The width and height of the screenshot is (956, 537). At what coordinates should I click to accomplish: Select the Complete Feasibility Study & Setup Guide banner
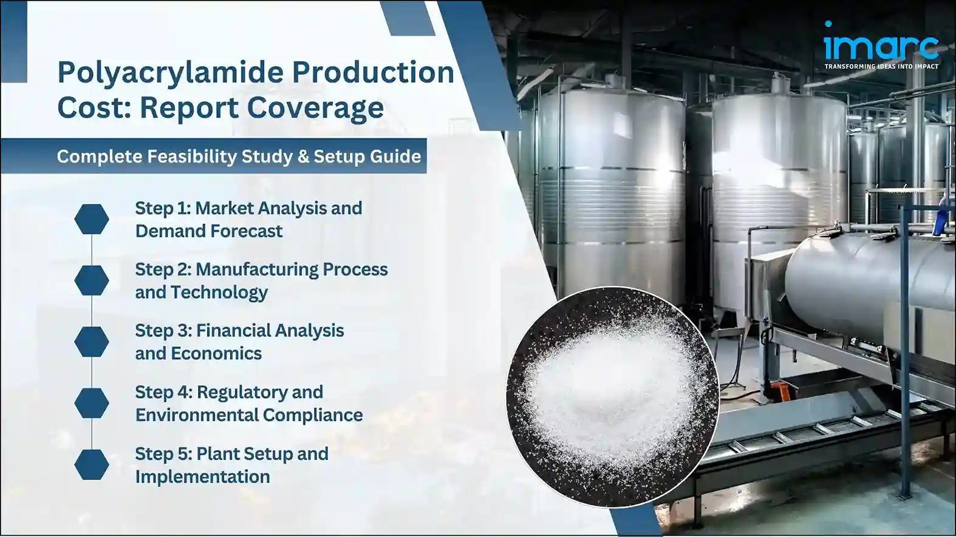click(x=239, y=157)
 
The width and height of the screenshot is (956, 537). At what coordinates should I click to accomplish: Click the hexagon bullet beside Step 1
click(x=92, y=219)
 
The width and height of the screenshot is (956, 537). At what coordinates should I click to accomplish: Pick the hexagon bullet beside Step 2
click(x=92, y=280)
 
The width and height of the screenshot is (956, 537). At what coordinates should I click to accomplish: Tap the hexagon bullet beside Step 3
click(x=92, y=342)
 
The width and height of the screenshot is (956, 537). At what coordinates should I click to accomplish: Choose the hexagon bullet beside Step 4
click(x=92, y=403)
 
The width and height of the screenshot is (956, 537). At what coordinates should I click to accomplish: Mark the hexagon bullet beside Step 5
click(x=92, y=464)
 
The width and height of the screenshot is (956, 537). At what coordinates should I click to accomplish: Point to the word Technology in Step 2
click(x=219, y=292)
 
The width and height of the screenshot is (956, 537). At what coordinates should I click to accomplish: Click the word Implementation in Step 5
click(x=202, y=477)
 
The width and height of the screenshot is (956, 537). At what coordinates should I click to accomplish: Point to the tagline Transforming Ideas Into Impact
click(x=881, y=66)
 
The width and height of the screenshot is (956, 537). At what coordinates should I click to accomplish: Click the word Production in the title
click(x=373, y=73)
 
